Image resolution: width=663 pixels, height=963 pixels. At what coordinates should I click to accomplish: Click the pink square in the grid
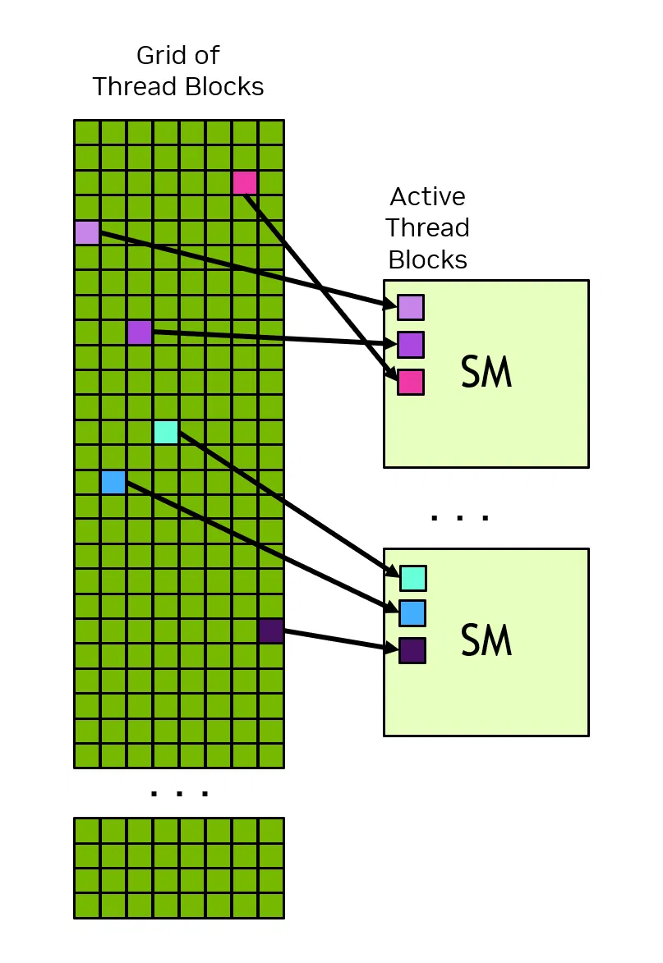(245, 182)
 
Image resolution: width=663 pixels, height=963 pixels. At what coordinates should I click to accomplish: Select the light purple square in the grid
(87, 232)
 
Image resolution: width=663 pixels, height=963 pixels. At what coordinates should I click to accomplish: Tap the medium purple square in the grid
(140, 332)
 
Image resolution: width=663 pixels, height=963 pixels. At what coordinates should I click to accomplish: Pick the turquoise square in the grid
(166, 432)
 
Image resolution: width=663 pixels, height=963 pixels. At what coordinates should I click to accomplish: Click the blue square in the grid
(113, 482)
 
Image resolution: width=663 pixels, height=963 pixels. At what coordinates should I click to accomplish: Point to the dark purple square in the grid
(271, 631)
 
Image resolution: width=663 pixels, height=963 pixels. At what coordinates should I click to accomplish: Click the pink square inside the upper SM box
(411, 382)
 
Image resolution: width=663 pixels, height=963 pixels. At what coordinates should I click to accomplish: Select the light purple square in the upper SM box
(411, 307)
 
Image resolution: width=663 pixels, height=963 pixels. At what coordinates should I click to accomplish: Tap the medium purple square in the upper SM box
(411, 345)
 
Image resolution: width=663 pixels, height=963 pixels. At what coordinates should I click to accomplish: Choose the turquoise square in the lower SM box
(413, 578)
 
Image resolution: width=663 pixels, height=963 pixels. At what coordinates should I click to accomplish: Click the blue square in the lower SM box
(412, 613)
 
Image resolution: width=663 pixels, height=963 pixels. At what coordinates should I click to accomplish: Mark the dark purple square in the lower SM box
(412, 650)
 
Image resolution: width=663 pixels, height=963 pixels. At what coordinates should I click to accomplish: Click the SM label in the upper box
(486, 374)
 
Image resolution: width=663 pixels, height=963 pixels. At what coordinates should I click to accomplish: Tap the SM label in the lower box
(486, 641)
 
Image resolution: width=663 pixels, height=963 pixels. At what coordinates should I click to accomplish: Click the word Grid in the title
(159, 56)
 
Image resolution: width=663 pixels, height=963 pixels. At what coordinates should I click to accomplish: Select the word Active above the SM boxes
(427, 197)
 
